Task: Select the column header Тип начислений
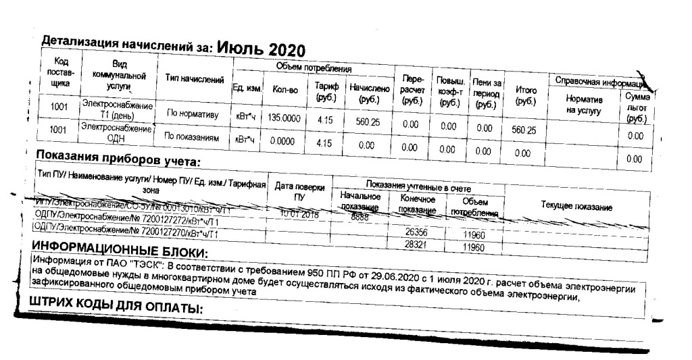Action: (x=195, y=80)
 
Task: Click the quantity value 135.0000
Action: (x=284, y=118)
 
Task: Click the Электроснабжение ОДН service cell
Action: (x=118, y=131)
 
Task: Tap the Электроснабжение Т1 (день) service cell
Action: (x=118, y=110)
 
